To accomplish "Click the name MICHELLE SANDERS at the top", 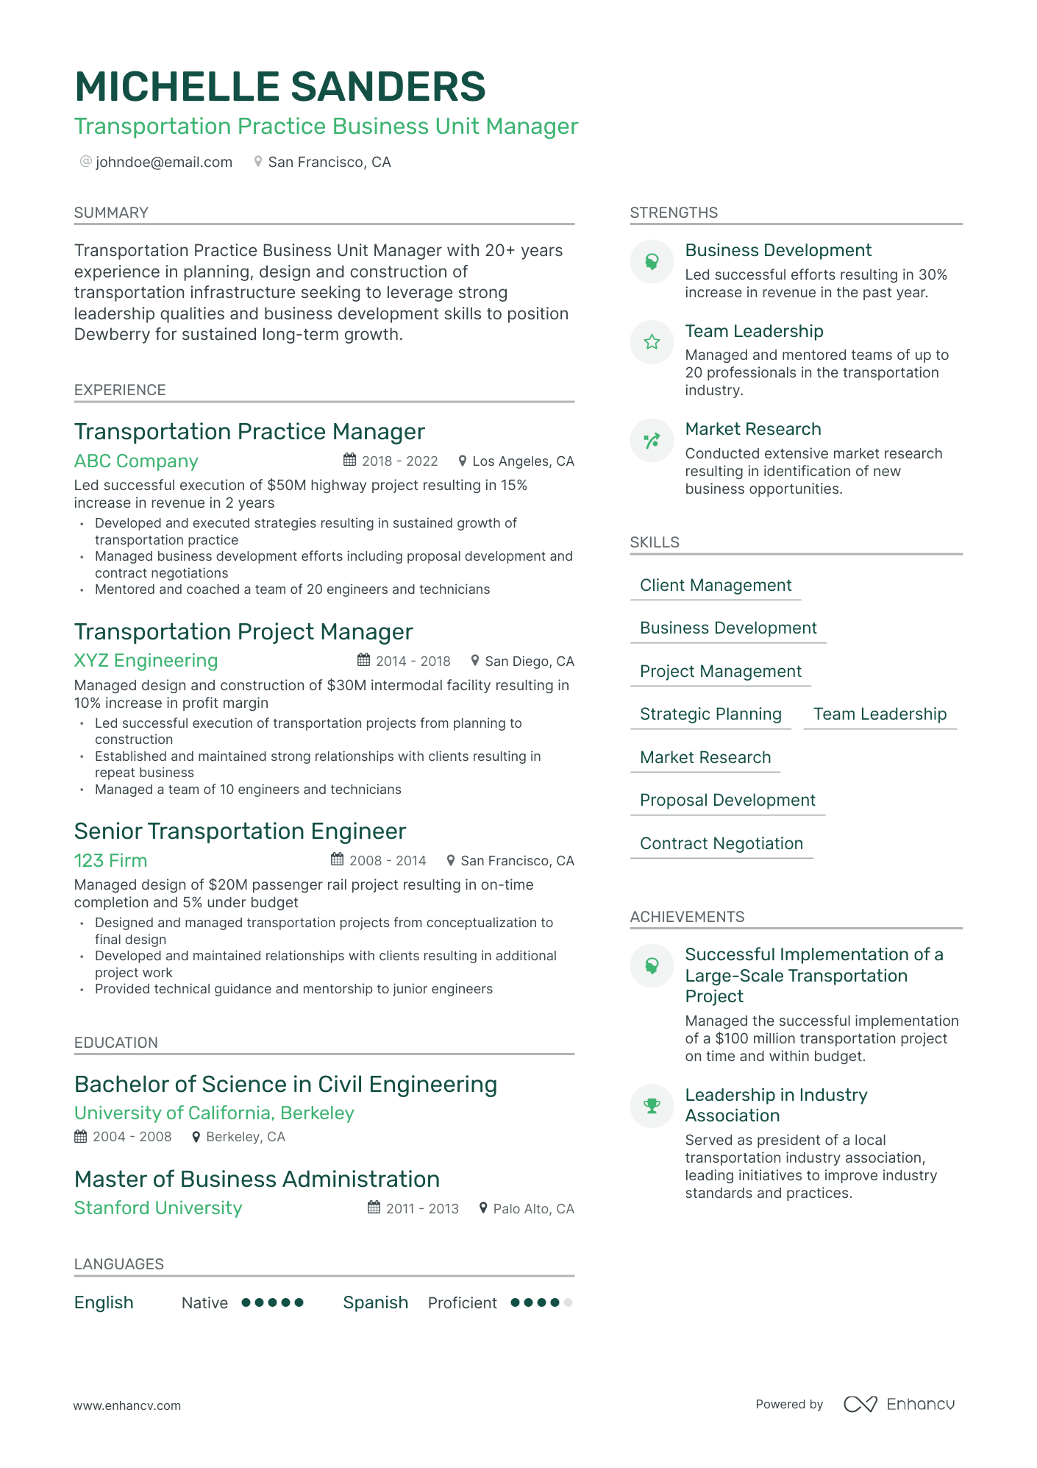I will pyautogui.click(x=279, y=87).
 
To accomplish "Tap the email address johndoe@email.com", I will pyautogui.click(x=163, y=162).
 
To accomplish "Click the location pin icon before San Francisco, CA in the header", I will pyautogui.click(x=258, y=161).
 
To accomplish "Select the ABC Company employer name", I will pyautogui.click(x=136, y=461).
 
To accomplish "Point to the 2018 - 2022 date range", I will pyautogui.click(x=399, y=461).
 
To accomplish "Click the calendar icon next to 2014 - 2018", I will pyautogui.click(x=363, y=660).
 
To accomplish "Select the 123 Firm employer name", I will pyautogui.click(x=110, y=860).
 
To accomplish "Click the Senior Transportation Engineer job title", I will pyautogui.click(x=240, y=831).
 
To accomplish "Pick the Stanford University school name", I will pyautogui.click(x=158, y=1208).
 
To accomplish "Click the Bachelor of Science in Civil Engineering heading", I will pyautogui.click(x=285, y=1085).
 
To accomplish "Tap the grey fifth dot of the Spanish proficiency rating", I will pyautogui.click(x=568, y=1302).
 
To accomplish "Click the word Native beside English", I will pyautogui.click(x=204, y=1303).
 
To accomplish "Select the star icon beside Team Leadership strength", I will pyautogui.click(x=652, y=341).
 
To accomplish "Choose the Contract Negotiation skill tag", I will pyautogui.click(x=721, y=844).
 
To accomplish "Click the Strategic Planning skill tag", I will pyautogui.click(x=710, y=715).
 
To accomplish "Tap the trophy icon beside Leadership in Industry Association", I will pyautogui.click(x=652, y=1105).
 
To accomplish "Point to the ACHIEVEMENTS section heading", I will pyautogui.click(x=687, y=917).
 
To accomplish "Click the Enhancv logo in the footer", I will pyautogui.click(x=899, y=1404).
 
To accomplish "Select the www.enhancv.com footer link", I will pyautogui.click(x=126, y=1405).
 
